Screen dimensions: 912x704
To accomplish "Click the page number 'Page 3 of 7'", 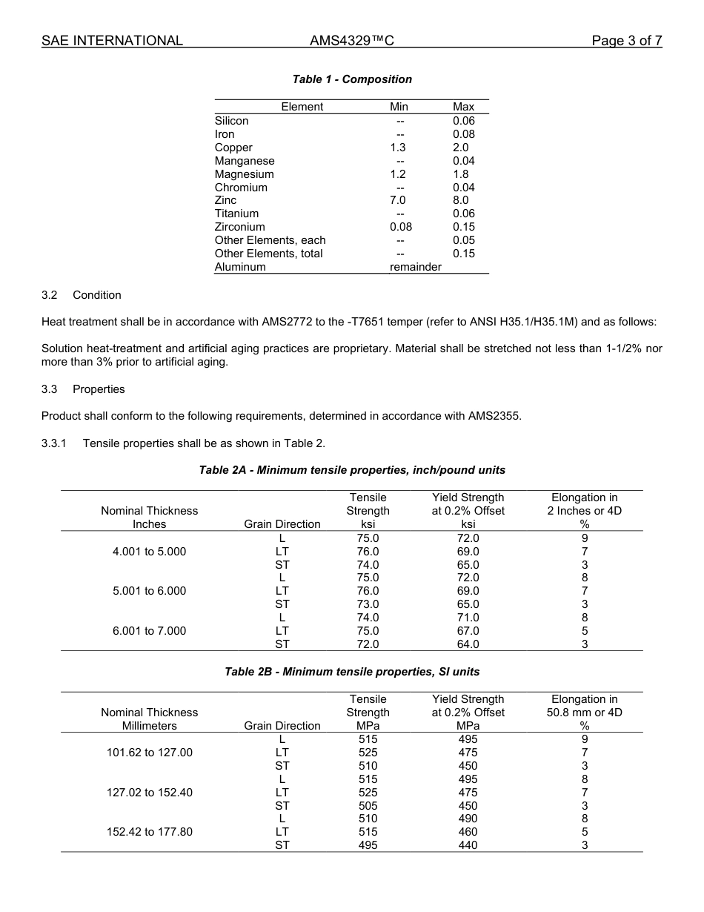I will [x=626, y=41].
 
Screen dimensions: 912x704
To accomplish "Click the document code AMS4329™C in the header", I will [x=351, y=41].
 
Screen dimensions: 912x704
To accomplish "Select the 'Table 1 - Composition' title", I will [x=352, y=79].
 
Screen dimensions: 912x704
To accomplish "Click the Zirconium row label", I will [x=239, y=227].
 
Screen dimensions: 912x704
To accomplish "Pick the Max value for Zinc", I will [x=463, y=200].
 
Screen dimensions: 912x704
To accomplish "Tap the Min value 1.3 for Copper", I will [x=398, y=148].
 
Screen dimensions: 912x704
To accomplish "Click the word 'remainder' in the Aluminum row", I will [x=415, y=267].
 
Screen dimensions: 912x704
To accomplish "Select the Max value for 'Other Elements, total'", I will [x=463, y=254].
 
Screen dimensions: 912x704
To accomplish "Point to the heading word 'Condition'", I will [x=96, y=295].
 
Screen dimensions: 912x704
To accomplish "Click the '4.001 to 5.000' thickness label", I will [x=149, y=552].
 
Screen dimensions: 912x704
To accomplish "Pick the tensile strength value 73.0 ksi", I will [x=368, y=604].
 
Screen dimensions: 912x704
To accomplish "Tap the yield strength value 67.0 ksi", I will [x=468, y=631].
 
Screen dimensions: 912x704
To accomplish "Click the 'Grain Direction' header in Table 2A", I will [x=282, y=524].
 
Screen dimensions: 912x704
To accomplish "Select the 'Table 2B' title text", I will [x=352, y=672].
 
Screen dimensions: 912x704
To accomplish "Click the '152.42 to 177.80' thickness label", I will [x=149, y=832].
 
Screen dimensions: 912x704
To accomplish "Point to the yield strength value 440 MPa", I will [x=468, y=845].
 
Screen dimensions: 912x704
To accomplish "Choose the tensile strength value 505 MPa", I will [x=368, y=805].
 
